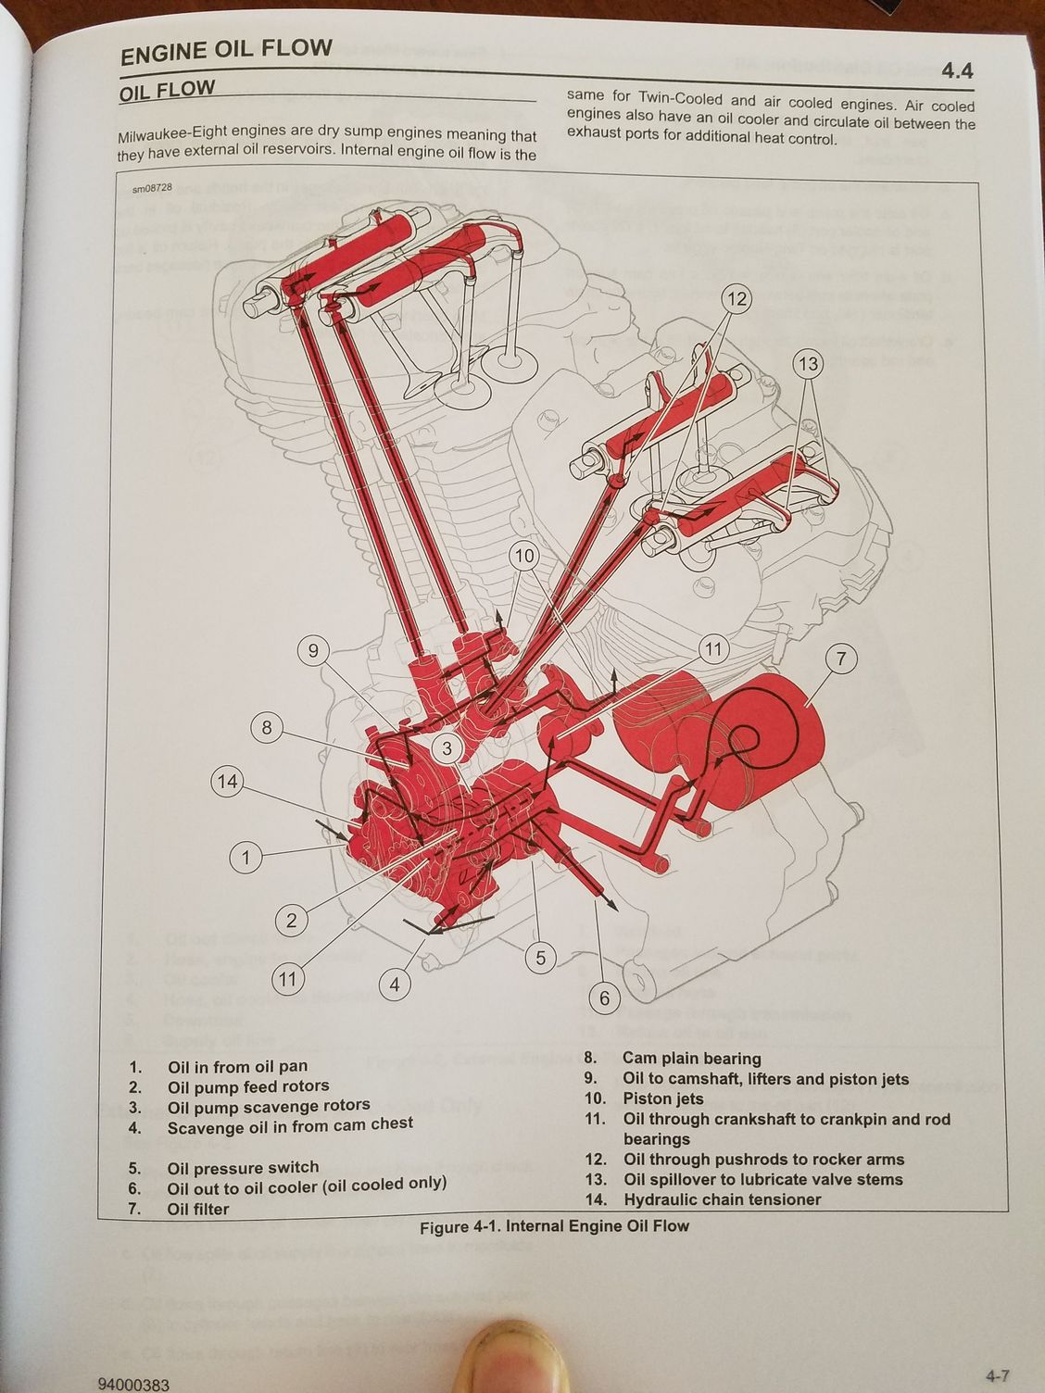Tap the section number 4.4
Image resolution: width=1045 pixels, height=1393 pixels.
pyautogui.click(x=957, y=70)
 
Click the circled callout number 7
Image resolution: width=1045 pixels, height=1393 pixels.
pyautogui.click(x=841, y=660)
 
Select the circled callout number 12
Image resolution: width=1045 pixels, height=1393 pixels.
pyautogui.click(x=737, y=299)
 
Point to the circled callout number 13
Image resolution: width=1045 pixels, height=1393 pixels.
pyautogui.click(x=809, y=364)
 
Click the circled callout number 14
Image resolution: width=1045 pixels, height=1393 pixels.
pyautogui.click(x=227, y=782)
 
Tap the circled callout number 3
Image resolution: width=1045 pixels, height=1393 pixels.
pyautogui.click(x=447, y=748)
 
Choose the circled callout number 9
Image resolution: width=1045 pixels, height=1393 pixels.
pyautogui.click(x=313, y=651)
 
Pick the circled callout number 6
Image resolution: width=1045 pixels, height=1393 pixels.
pyautogui.click(x=604, y=998)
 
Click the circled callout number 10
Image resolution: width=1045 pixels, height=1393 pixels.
pyautogui.click(x=524, y=556)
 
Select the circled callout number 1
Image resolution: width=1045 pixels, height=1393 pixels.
pyautogui.click(x=246, y=858)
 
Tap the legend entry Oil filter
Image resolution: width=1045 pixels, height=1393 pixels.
pyautogui.click(x=197, y=1209)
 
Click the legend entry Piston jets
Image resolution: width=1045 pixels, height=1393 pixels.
pyautogui.click(x=662, y=1098)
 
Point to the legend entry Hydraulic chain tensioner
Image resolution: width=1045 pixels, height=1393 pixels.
pyautogui.click(x=722, y=1199)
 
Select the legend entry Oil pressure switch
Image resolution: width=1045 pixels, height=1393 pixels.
pyautogui.click(x=243, y=1167)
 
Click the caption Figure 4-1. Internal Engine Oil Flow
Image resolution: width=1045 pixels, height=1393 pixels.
pyautogui.click(x=554, y=1226)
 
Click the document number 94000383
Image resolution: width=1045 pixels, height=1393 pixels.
pyautogui.click(x=138, y=1385)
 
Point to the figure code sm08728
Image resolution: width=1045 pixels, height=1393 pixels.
pyautogui.click(x=153, y=192)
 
